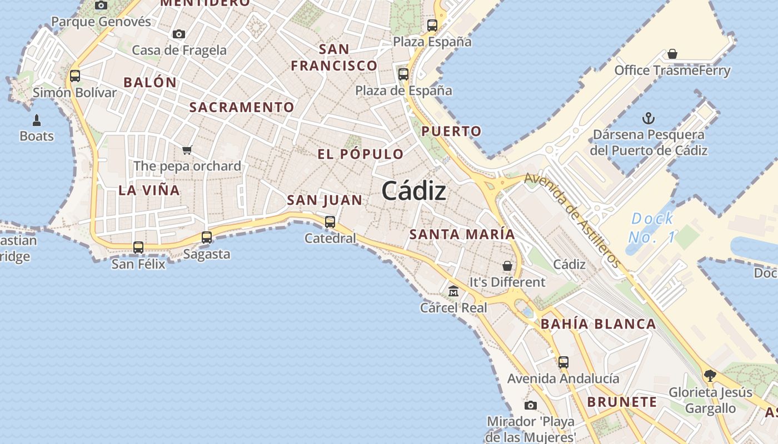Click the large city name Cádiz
[414, 191]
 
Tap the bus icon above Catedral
[330, 222]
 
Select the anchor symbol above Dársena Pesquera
[648, 118]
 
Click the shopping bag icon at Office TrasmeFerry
[672, 54]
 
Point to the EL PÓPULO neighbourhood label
[361, 154]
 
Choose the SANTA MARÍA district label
[462, 234]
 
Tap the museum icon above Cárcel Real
[453, 291]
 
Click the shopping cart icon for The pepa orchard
[187, 150]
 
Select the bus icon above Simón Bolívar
[75, 76]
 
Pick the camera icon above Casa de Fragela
[179, 34]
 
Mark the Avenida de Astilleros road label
[572, 220]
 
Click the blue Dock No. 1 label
[652, 228]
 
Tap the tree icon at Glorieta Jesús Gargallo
[710, 376]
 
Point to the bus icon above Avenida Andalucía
[563, 362]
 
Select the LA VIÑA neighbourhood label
[149, 190]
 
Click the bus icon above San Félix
[138, 248]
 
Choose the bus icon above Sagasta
[207, 238]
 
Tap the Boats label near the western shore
[37, 136]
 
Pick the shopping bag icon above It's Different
[507, 266]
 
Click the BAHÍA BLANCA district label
[598, 324]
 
